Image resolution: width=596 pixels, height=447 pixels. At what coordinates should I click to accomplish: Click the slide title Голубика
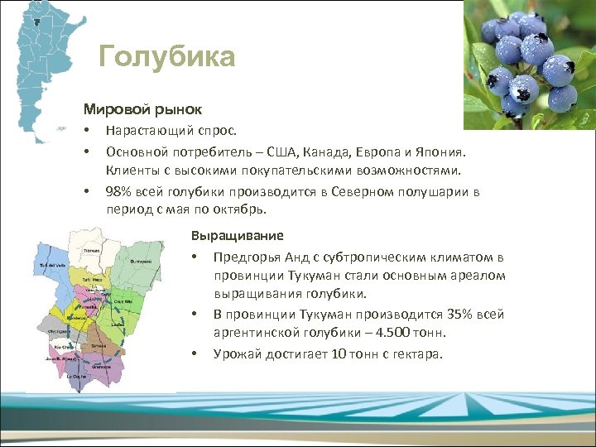coord(166,57)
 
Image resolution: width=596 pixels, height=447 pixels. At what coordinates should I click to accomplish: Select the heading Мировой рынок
coord(142,109)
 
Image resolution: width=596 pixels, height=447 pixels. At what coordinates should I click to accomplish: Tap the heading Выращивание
coord(237,235)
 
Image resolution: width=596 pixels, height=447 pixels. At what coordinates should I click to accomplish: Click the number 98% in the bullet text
coord(119,192)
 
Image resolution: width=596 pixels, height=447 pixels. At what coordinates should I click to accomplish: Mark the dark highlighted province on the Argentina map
coord(36,20)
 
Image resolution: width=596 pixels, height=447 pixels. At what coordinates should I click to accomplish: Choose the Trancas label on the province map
coord(91,249)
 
